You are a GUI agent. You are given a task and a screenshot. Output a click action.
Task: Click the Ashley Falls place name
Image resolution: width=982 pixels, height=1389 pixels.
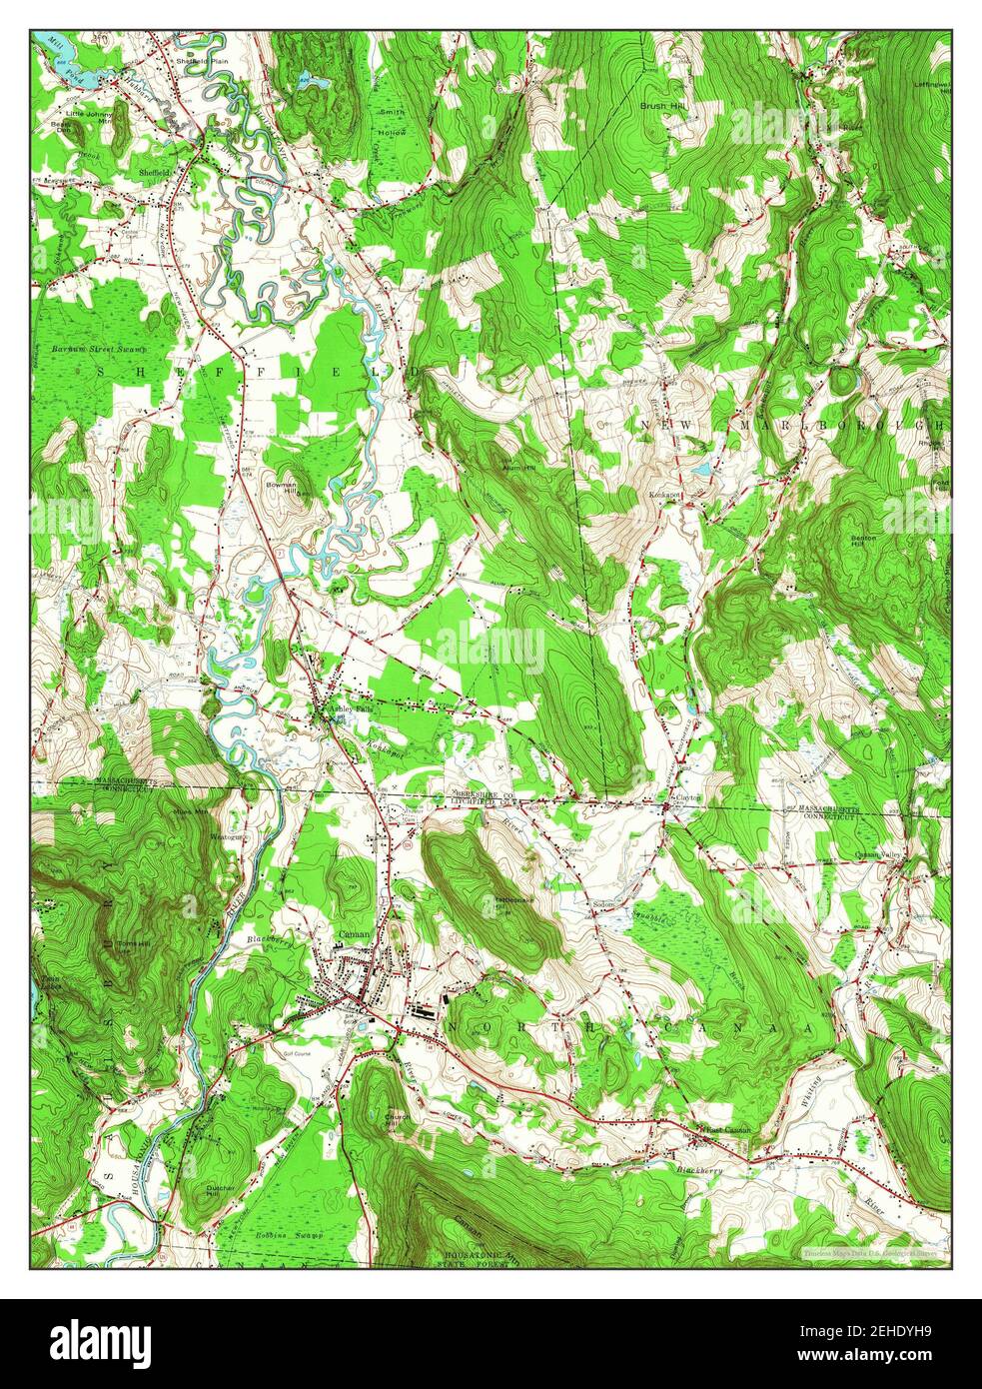(x=341, y=705)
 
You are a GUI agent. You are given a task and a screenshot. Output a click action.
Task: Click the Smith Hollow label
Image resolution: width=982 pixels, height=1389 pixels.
(x=392, y=122)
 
